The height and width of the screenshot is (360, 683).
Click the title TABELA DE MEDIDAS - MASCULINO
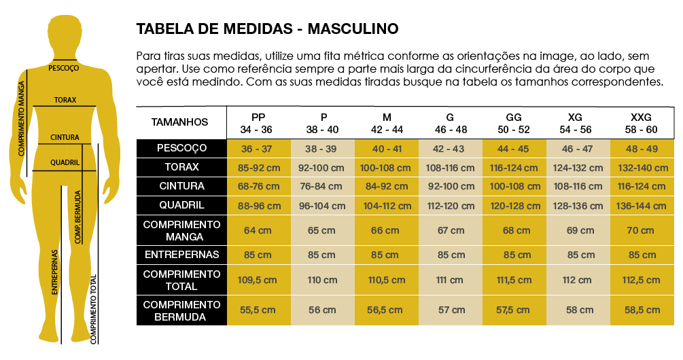coord(267,29)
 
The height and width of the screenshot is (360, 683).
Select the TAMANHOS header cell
coord(179,122)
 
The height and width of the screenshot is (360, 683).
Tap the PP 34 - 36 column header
coord(258,123)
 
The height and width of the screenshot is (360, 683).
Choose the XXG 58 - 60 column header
coord(641,123)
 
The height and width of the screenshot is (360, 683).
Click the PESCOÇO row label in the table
coord(181,148)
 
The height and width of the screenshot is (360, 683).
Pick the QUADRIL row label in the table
coord(181,205)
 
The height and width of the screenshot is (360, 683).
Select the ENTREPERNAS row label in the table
coord(181,255)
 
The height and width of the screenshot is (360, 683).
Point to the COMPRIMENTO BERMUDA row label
coord(181,310)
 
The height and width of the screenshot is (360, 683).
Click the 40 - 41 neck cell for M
coord(386,149)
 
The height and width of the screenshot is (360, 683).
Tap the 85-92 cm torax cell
coord(258,167)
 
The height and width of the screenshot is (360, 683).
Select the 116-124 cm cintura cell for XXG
coord(641,186)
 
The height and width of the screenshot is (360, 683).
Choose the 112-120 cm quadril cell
coord(450,206)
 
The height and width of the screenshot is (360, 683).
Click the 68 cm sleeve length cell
coord(514,231)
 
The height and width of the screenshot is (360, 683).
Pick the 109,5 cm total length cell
coord(258,280)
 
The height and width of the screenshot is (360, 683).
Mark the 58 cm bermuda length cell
coord(578,310)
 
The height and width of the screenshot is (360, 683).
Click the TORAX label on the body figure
coord(65,100)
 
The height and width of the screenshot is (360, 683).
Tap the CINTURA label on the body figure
coord(65,137)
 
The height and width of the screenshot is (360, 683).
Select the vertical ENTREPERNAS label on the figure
coord(55,270)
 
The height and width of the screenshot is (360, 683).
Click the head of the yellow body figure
coord(65,34)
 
